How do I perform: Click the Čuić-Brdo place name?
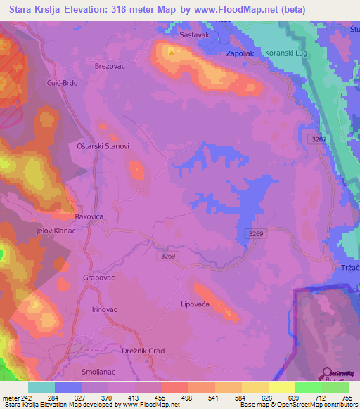pyautogui.click(x=63, y=82)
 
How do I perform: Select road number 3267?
pyautogui.click(x=319, y=139)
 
